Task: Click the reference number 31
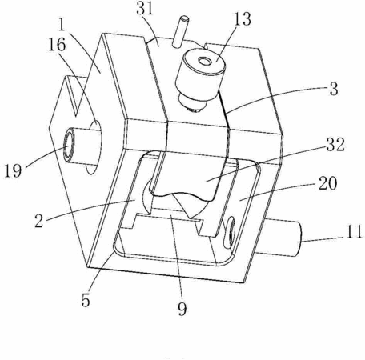145,8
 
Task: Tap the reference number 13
243,19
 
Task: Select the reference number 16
57,44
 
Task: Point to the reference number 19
13,170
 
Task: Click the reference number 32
335,145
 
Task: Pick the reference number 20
328,183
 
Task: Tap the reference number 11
354,231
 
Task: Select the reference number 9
182,309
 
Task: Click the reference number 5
86,300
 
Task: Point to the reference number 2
39,221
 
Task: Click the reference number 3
334,89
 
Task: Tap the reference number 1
62,25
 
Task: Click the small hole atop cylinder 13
205,62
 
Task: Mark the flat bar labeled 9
170,214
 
